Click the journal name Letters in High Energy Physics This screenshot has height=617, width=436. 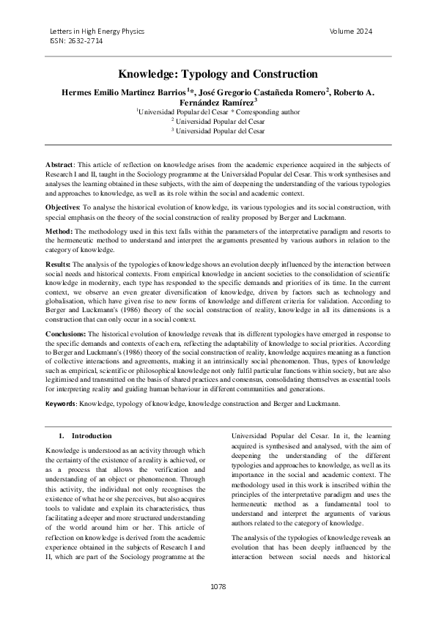97,32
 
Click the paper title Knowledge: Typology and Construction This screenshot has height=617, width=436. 218,74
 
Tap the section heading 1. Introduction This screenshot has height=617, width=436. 86,436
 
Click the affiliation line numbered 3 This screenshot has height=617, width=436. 218,130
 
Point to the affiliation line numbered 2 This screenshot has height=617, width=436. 218,121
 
